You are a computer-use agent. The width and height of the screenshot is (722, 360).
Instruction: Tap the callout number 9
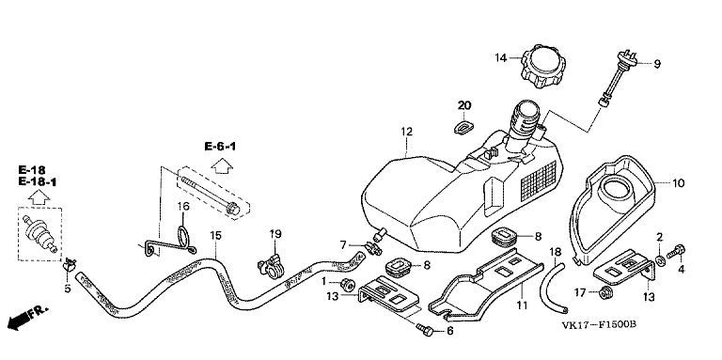[657, 65]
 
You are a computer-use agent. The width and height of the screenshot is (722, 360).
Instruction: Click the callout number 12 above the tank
[406, 133]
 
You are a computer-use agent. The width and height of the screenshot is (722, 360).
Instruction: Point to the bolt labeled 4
[676, 252]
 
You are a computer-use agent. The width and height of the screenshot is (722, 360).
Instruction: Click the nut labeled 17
[605, 292]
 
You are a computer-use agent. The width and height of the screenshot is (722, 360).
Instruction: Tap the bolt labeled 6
[425, 330]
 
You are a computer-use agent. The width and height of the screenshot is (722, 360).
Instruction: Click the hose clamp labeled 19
[272, 268]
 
